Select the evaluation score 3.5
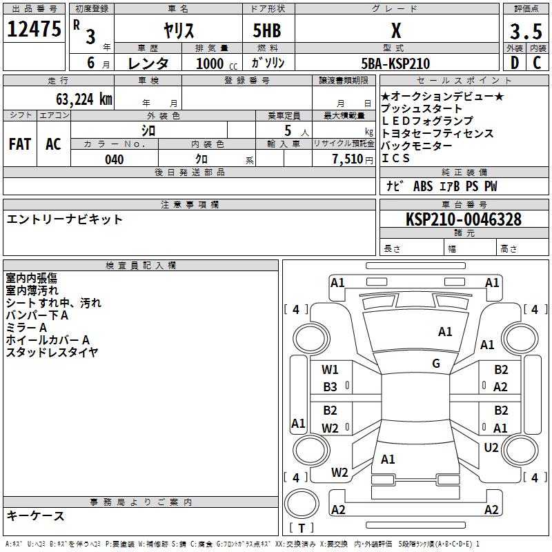(524, 32)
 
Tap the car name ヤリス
(179, 31)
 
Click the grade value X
(396, 31)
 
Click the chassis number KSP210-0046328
(464, 219)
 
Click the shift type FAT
(20, 144)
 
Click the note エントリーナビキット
(65, 219)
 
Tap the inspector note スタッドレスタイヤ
(52, 352)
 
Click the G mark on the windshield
(436, 364)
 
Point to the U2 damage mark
(491, 448)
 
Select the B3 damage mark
(331, 387)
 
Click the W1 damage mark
(331, 370)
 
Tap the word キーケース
(35, 516)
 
